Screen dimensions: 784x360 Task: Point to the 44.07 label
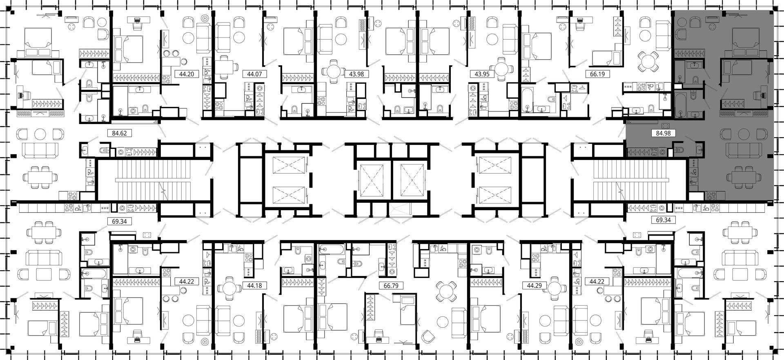(x=254, y=74)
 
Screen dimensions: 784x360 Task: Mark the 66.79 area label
(x=391, y=286)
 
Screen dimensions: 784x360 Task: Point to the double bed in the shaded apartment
(x=746, y=41)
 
